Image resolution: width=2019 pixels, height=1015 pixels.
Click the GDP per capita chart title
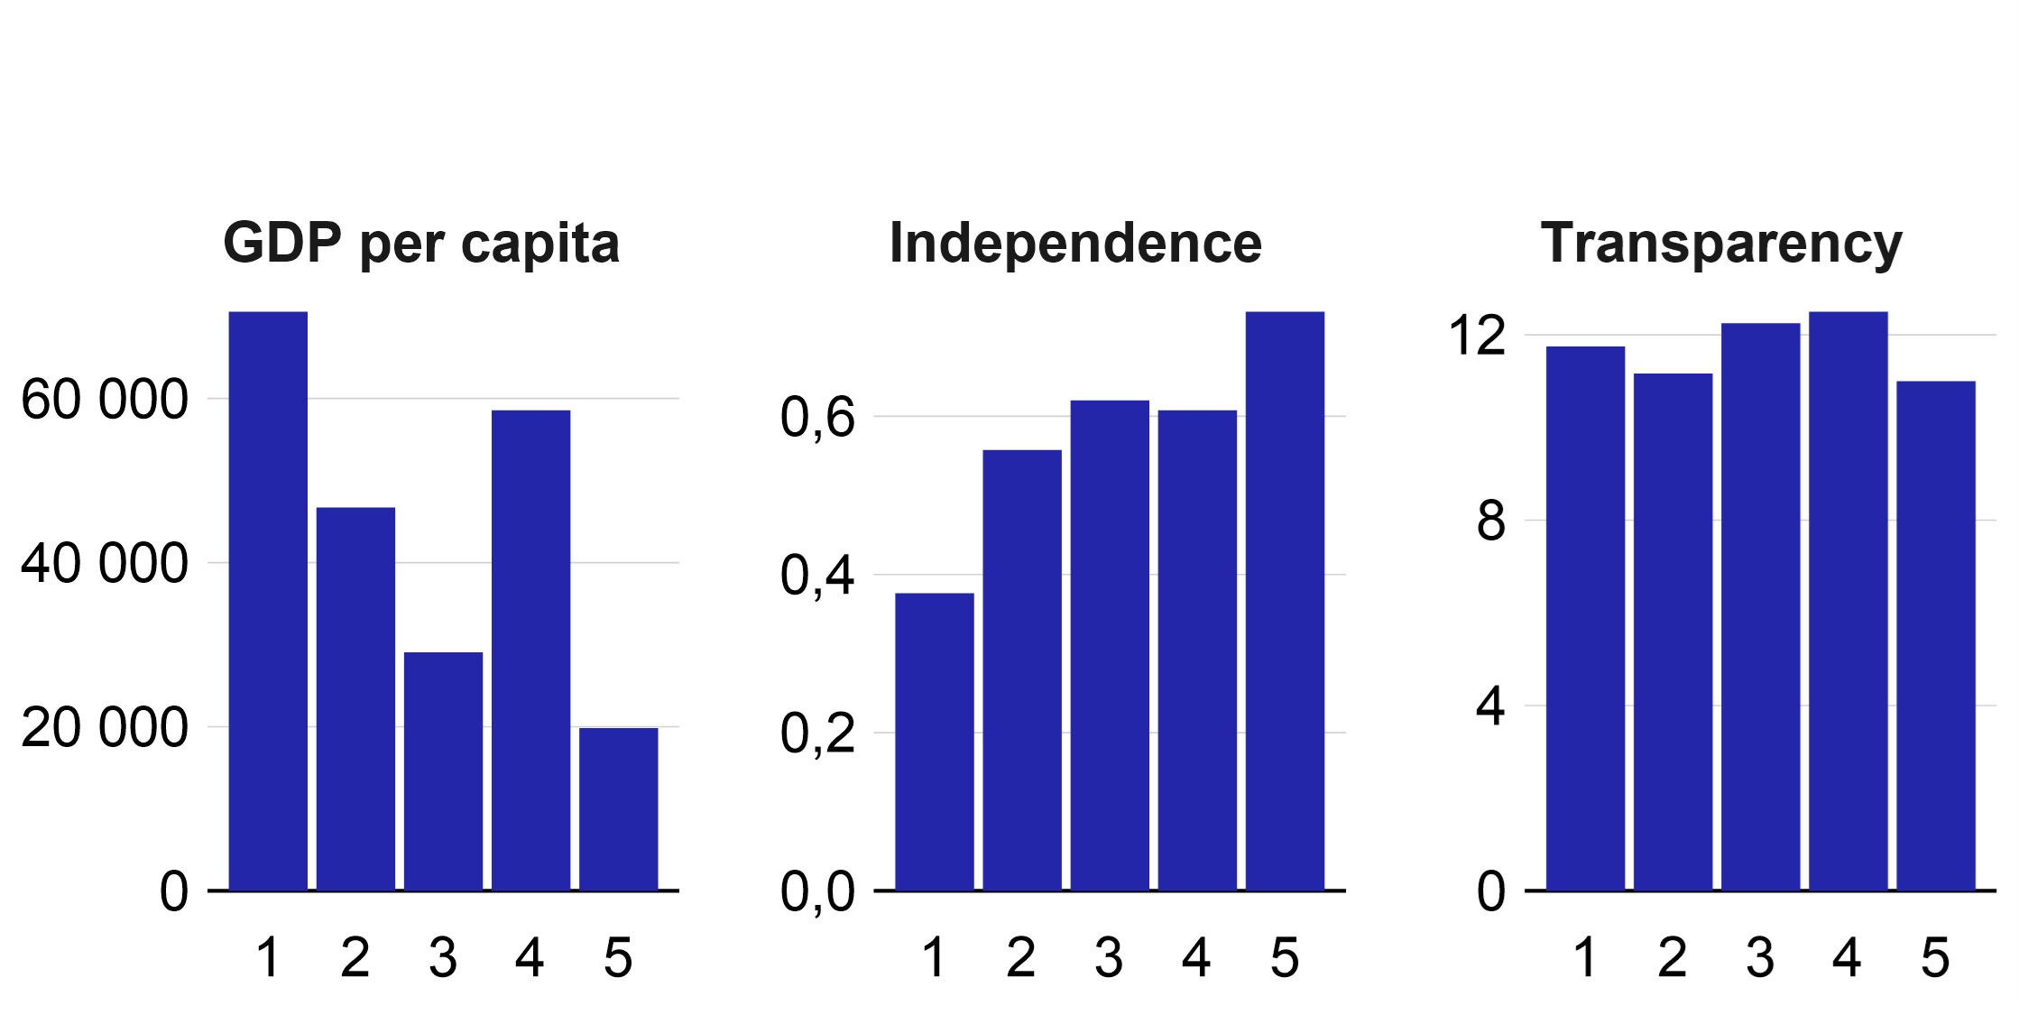(x=421, y=244)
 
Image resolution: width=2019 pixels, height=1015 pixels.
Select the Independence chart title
(x=1075, y=244)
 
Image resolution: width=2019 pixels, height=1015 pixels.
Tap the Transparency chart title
(x=1721, y=244)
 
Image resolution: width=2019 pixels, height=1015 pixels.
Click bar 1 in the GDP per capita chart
(x=268, y=601)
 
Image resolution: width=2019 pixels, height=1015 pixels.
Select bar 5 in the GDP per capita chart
(x=618, y=808)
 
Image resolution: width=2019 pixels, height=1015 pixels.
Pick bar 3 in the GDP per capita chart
(x=443, y=770)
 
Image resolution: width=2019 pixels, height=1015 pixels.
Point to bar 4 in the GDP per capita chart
(x=530, y=650)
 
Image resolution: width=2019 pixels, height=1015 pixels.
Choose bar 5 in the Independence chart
(x=1285, y=601)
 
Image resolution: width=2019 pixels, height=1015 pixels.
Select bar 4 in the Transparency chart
(x=1848, y=601)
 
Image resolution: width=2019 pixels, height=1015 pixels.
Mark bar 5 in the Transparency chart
(x=1935, y=635)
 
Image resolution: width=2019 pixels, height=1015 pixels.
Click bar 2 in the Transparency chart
(x=1673, y=632)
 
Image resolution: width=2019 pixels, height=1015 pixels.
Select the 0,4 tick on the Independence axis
(x=817, y=576)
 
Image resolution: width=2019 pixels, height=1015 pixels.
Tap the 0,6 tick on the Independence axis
(x=817, y=418)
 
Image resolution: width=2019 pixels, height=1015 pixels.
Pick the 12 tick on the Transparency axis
(x=1477, y=336)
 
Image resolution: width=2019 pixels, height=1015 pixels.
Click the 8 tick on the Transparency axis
(x=1491, y=521)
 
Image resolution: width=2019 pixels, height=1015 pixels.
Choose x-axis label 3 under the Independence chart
(x=1109, y=957)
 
